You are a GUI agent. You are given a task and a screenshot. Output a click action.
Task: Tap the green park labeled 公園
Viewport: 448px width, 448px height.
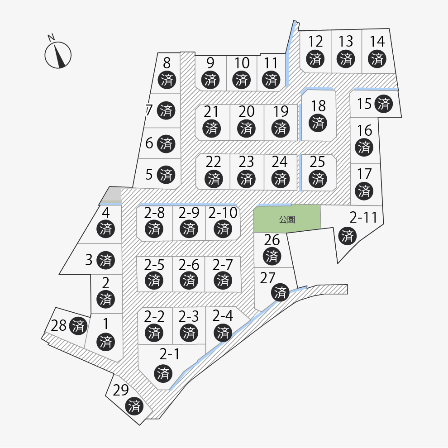click(287, 219)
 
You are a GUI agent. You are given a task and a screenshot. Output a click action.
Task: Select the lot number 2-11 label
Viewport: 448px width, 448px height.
click(363, 218)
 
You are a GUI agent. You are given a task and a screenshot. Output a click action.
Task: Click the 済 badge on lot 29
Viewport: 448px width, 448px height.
click(134, 405)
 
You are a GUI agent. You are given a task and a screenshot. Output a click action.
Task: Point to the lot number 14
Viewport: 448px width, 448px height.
click(377, 42)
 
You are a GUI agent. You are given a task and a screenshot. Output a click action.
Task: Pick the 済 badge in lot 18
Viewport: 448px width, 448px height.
click(319, 122)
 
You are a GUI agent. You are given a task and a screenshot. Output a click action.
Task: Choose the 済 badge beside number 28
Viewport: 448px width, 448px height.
click(79, 325)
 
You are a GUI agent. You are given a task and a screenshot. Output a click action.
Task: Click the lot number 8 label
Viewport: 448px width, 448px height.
click(167, 62)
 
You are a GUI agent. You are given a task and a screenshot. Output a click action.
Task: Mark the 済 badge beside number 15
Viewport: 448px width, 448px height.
click(384, 104)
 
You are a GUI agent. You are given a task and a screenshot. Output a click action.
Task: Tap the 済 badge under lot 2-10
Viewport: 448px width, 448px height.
click(223, 229)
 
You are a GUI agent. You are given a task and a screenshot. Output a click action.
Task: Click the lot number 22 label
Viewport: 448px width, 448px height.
click(213, 162)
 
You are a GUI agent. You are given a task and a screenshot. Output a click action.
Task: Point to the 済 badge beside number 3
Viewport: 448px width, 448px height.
click(106, 260)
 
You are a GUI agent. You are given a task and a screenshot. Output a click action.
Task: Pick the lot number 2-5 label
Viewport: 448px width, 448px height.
click(154, 264)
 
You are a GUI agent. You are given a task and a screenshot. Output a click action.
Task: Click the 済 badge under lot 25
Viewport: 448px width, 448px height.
click(319, 178)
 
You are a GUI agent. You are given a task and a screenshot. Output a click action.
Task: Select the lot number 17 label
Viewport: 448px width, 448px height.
click(364, 174)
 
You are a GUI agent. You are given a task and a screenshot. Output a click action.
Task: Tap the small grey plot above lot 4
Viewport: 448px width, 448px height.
click(112, 195)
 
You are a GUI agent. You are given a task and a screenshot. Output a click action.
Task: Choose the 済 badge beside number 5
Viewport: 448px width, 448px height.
click(166, 174)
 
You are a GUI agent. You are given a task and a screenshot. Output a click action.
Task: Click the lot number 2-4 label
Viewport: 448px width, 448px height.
click(223, 315)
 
